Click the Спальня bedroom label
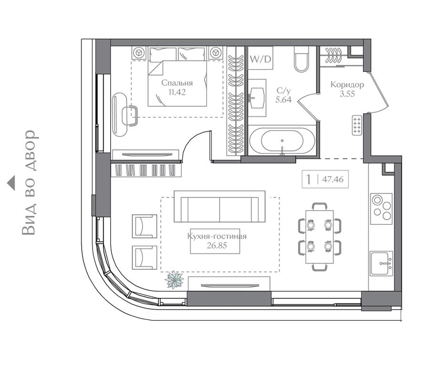tap(177, 83)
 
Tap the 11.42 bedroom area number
tap(177, 92)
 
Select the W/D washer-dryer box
tap(260, 59)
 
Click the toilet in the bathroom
tap(302, 59)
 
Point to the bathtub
tap(282, 141)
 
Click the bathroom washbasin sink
tap(257, 98)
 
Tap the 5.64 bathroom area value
tap(284, 100)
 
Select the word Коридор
tap(347, 85)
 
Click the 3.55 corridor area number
tap(347, 94)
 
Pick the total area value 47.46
tap(333, 179)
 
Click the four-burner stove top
tap(381, 209)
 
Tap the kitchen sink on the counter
tap(381, 264)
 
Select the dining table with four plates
tap(319, 237)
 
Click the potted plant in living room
tap(174, 280)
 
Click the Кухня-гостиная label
tap(217, 236)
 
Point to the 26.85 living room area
tap(217, 245)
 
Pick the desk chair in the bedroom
tap(130, 116)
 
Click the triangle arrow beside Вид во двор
tap(11, 183)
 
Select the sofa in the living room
tap(220, 206)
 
